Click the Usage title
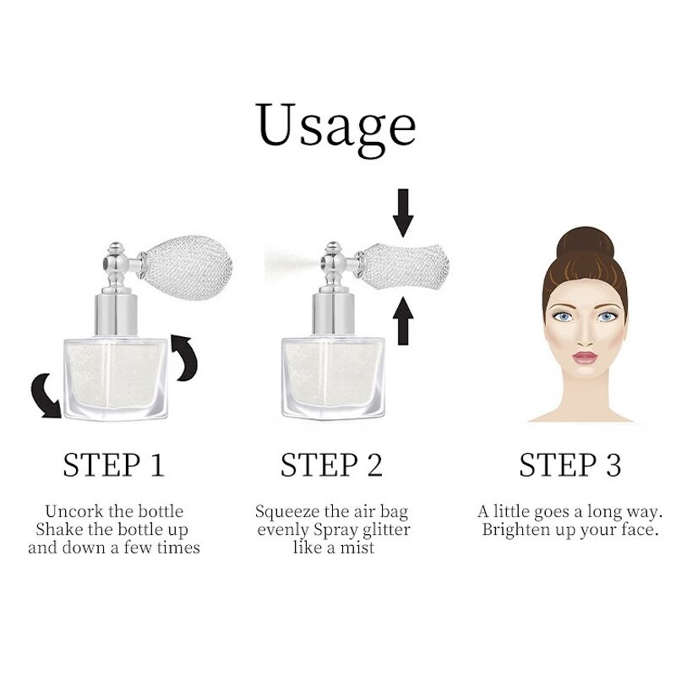click(x=335, y=128)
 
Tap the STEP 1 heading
click(x=114, y=465)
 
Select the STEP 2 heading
click(x=331, y=465)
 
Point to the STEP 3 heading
click(x=570, y=465)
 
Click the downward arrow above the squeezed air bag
click(x=403, y=213)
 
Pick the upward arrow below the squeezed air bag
click(x=403, y=321)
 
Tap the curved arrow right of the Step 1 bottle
click(x=186, y=357)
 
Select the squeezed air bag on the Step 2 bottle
click(x=405, y=266)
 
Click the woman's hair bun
click(x=585, y=244)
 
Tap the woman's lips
click(x=585, y=357)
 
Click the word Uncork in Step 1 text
click(x=74, y=511)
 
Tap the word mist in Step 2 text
click(x=357, y=548)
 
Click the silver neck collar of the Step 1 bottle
click(x=117, y=314)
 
